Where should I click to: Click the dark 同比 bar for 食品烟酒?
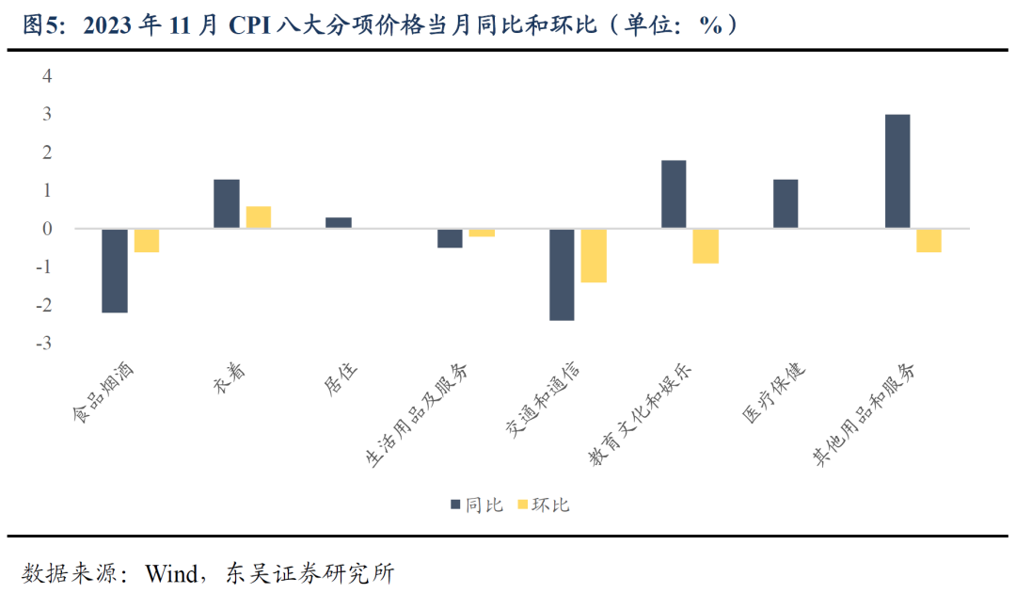point(115,270)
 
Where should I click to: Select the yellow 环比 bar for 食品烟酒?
point(146,240)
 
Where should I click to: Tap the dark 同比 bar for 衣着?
point(227,203)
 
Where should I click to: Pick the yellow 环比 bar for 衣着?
point(258,216)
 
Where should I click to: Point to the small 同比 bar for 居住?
point(339,222)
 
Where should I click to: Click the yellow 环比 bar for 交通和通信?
point(594,255)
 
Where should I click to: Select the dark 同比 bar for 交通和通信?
point(562,274)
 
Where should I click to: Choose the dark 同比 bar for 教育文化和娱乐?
point(674,194)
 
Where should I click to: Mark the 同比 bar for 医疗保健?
point(786,203)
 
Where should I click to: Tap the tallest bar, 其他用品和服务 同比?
point(897,171)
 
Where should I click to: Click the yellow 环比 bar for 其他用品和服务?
point(929,240)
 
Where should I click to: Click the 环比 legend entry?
point(544,505)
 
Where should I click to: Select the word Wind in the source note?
point(168,572)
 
